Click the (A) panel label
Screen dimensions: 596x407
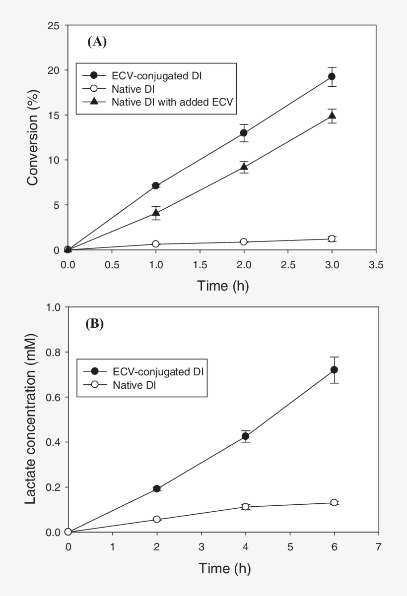[97, 42]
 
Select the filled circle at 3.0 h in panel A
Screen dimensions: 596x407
[332, 76]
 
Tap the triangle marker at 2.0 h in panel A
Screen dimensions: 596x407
[244, 167]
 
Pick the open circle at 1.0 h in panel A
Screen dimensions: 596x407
[156, 244]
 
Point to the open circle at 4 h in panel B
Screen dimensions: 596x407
[245, 507]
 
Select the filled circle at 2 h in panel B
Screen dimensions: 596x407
[157, 489]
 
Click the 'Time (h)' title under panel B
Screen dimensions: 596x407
[223, 568]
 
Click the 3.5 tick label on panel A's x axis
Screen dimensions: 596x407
[376, 265]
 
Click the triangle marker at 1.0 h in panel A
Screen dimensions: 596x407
[156, 214]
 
